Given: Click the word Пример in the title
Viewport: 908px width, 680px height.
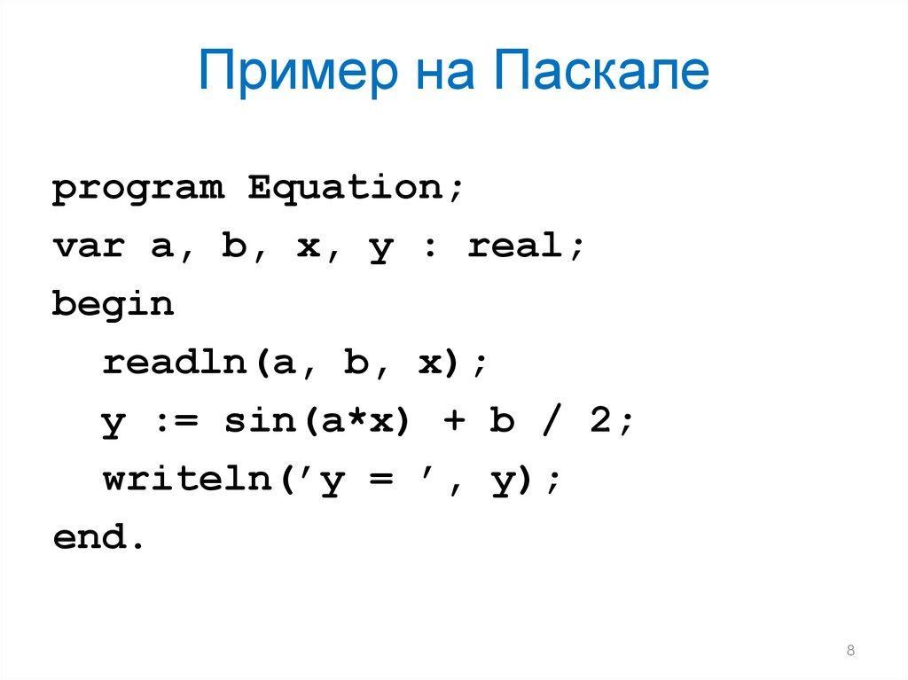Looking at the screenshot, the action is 298,72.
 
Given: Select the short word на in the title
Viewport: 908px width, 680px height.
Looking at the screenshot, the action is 446,75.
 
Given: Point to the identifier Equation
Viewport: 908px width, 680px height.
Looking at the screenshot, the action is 346,187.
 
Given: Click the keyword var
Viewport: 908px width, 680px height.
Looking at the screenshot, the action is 89,246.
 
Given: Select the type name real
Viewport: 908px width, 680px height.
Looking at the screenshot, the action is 515,245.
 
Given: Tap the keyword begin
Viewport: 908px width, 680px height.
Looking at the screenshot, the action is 113,304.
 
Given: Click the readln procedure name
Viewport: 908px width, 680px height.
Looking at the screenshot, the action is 175,362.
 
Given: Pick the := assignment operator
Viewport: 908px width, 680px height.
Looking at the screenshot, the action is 177,420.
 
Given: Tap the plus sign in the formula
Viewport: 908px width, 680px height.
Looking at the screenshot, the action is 455,420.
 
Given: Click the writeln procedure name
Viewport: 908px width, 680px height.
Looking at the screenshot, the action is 188,479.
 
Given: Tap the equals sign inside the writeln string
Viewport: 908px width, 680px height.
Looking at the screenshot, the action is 381,480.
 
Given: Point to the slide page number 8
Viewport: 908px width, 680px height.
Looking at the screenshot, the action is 850,650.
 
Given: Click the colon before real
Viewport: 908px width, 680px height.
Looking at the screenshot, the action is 430,248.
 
